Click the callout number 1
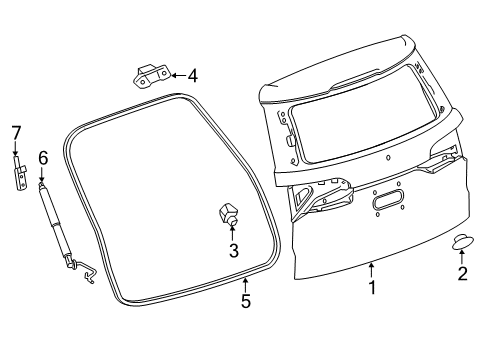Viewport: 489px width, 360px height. click(371, 288)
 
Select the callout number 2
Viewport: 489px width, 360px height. click(462, 274)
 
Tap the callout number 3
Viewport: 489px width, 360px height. click(233, 251)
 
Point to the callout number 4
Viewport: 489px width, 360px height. click(193, 74)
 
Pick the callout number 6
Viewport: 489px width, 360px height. click(42, 158)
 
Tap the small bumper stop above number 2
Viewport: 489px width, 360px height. click(461, 240)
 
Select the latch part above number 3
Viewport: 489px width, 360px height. click(228, 213)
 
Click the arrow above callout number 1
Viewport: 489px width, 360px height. click(371, 268)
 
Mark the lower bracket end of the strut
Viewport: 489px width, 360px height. click(86, 270)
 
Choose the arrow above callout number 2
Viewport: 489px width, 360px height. click(462, 256)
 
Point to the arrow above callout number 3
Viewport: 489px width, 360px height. click(233, 234)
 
